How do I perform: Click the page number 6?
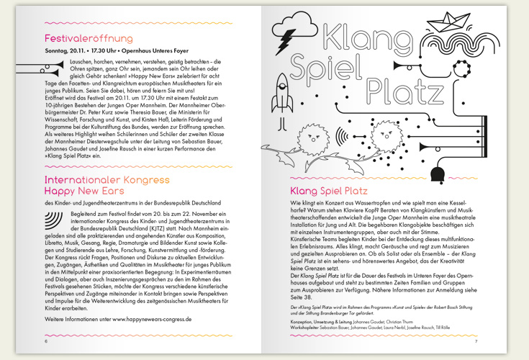click(x=46, y=341)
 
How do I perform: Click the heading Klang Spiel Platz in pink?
click(x=328, y=192)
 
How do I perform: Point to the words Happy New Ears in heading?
click(x=84, y=191)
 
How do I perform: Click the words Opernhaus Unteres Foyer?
click(x=163, y=51)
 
